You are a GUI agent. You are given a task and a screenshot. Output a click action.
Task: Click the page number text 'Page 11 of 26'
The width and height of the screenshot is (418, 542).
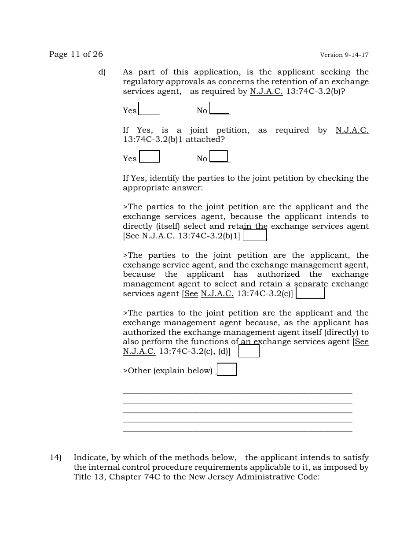pos(76,54)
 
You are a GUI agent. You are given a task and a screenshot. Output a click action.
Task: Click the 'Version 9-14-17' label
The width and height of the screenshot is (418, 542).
pos(344,55)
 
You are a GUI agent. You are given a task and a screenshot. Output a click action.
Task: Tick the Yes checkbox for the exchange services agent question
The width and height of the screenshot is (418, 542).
pos(149,108)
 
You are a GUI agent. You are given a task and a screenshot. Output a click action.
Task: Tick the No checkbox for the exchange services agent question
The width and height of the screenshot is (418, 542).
pos(219,108)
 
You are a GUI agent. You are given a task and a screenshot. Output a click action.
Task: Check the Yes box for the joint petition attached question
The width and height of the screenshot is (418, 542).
pos(149,156)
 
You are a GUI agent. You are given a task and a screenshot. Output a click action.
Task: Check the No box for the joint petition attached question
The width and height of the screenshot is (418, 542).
pos(219,156)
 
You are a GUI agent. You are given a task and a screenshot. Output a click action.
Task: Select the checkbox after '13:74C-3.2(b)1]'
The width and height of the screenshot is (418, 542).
pos(255,235)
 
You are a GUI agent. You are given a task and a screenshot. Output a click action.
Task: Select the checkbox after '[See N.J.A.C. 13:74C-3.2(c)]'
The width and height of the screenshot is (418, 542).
pos(310,293)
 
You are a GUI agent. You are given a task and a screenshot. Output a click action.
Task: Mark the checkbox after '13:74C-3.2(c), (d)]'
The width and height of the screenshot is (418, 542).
pos(249,351)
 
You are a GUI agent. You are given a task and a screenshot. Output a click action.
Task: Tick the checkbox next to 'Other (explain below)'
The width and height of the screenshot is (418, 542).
pos(227,369)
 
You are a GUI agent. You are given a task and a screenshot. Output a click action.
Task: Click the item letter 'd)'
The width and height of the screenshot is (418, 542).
pos(102,72)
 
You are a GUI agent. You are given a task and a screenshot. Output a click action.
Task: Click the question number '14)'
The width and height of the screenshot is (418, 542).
pos(55,457)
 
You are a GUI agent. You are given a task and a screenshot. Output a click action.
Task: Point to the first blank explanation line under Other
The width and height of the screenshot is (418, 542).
pos(237,393)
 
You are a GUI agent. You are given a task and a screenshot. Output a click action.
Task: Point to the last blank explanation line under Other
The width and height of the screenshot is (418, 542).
pos(237,431)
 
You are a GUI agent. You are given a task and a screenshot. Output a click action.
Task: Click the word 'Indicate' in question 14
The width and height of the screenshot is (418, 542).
pos(90,457)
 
